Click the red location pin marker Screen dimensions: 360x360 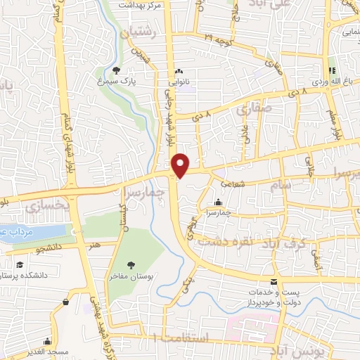pyautogui.click(x=181, y=165)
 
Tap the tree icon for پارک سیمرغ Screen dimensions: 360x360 pyautogui.click(x=117, y=70)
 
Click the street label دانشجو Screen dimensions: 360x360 pyautogui.click(x=46, y=247)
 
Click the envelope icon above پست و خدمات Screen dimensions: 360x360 pyautogui.click(x=274, y=281)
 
